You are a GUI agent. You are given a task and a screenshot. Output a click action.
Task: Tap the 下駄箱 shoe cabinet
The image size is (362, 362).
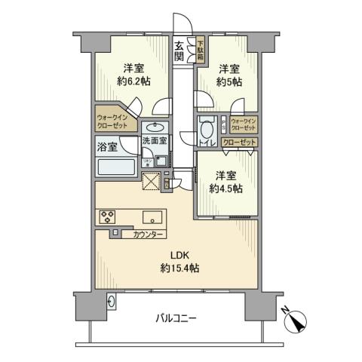(x=201, y=50)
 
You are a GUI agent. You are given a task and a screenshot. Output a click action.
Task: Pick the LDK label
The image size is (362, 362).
(x=174, y=254)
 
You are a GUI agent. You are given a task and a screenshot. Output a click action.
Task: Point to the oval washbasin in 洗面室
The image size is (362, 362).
(x=156, y=127)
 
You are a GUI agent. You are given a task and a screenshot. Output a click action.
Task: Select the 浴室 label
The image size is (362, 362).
(x=106, y=147)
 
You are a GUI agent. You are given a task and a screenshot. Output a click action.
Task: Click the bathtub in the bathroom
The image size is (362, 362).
(x=115, y=168)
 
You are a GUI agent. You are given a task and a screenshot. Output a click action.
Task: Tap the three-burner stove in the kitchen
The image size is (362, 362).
(x=106, y=217)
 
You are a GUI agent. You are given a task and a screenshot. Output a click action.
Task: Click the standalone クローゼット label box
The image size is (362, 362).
(x=241, y=143)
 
